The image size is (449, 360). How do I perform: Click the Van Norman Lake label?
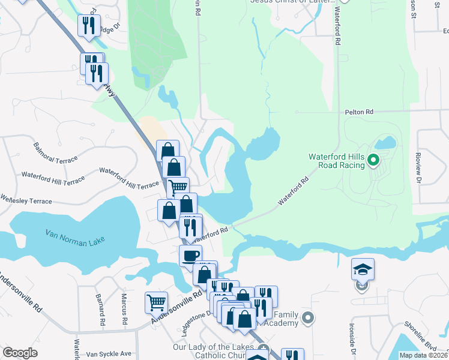coord(76,236)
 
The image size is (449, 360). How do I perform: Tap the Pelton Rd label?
coord(359,112)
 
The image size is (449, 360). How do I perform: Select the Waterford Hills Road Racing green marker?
coord(373,160)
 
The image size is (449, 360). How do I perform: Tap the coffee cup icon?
coord(190,256)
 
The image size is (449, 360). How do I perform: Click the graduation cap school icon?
coord(363,269)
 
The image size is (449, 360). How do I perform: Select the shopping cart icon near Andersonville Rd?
coord(156,302)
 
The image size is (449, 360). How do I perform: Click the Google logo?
coord(20,352)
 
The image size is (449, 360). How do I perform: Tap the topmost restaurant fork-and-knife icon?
coord(89,25)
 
